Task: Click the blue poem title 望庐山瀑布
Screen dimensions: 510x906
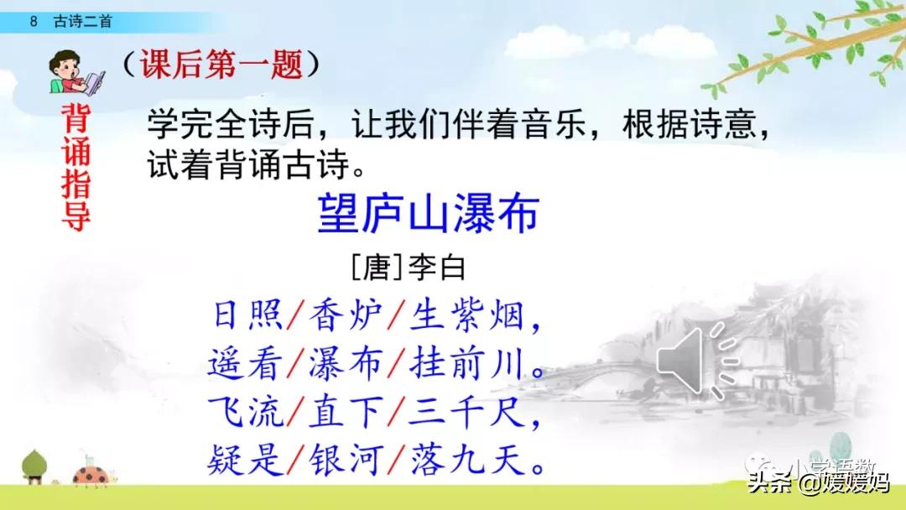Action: pyautogui.click(x=427, y=216)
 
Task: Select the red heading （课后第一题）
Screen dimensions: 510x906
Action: pyautogui.click(x=220, y=65)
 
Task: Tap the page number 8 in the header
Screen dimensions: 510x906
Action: pyautogui.click(x=33, y=23)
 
